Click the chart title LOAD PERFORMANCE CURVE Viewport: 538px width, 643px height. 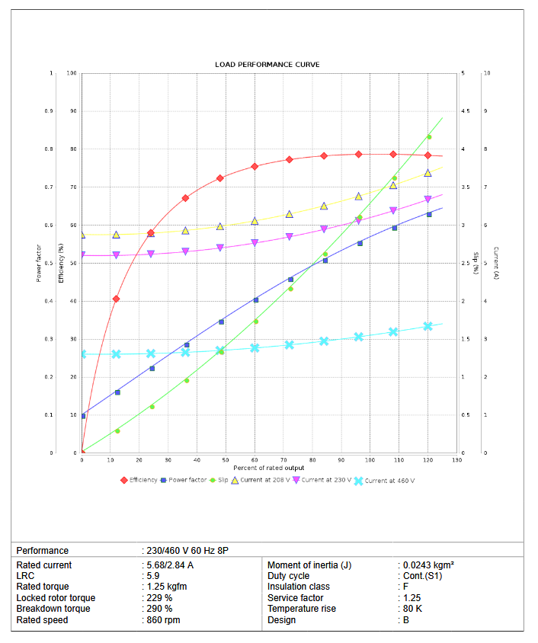267,65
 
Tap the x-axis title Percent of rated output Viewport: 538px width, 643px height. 268,468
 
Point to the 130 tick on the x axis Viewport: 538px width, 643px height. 456,460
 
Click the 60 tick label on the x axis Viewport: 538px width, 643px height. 255,460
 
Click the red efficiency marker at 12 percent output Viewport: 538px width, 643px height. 116,299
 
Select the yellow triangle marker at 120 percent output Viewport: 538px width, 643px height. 428,173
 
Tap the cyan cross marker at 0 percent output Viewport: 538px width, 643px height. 82,354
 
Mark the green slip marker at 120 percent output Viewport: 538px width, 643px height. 428,137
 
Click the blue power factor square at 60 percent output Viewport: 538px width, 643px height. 255,300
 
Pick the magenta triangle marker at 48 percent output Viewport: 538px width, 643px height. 220,248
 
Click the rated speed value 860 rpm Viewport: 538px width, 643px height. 164,620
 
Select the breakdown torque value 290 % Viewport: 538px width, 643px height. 159,609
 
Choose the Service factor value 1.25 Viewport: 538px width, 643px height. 412,598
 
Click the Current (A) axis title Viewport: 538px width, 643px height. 495,263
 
